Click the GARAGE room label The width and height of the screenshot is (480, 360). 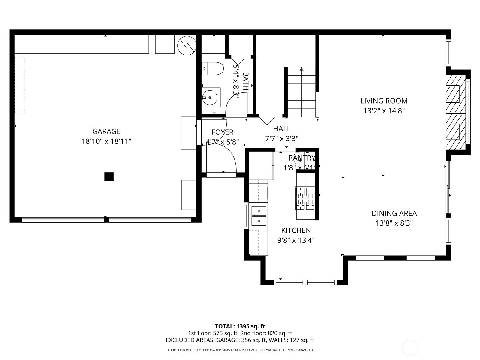click(106, 131)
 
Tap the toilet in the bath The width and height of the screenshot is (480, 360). click(212, 69)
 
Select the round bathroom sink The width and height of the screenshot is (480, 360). click(209, 97)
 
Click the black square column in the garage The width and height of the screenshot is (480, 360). click(109, 176)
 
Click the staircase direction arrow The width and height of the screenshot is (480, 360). click(301, 69)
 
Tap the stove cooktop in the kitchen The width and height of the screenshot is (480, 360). click(305, 199)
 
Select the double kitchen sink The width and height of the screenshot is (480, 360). click(259, 216)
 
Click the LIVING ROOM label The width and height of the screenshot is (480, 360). click(384, 101)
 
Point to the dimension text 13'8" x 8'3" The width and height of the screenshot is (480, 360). click(394, 223)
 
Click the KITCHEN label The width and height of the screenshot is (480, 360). click(296, 230)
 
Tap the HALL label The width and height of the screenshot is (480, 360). click(282, 129)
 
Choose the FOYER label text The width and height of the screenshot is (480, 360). click(222, 132)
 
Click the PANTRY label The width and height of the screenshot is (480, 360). click(302, 158)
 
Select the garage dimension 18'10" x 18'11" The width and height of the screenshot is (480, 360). click(106, 141)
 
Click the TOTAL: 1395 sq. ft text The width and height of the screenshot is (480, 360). click(240, 326)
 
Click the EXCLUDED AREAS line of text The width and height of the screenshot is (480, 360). click(240, 340)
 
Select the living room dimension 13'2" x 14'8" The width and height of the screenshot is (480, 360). click(384, 111)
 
